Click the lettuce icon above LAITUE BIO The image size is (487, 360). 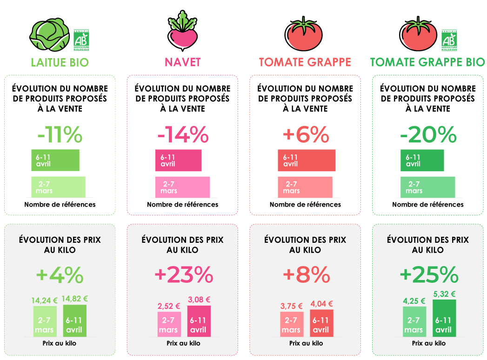click(49, 35)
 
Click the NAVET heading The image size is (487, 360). click(182, 62)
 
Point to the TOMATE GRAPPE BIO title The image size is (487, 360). click(427, 62)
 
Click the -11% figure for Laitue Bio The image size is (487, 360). click(60, 135)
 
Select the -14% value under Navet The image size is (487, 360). click(183, 135)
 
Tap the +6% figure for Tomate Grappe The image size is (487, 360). click(306, 135)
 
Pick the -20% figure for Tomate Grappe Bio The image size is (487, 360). click(428, 135)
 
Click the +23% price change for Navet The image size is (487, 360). click(183, 275)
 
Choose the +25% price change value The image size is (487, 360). click(428, 275)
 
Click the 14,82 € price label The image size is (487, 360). click(75, 299)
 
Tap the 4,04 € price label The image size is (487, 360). click(320, 304)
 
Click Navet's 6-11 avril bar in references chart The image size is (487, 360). click(178, 160)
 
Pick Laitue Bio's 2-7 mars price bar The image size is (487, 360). click(45, 321)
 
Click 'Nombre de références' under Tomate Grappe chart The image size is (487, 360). click(305, 205)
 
